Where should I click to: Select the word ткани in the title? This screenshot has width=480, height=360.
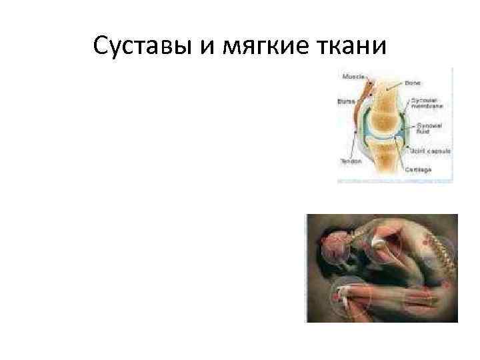[x=351, y=46]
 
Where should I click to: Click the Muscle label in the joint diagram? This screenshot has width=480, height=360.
[x=353, y=77]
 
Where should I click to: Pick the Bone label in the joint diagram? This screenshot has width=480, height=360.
[x=413, y=83]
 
